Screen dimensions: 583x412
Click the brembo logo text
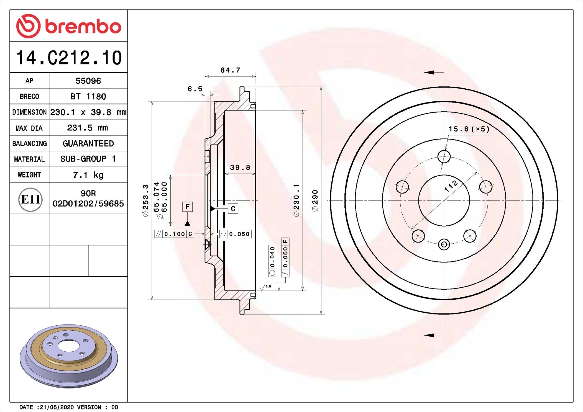coord(83,27)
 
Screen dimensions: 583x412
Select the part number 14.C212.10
coord(69,58)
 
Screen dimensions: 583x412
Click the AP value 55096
coord(88,81)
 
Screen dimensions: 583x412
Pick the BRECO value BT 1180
coord(88,96)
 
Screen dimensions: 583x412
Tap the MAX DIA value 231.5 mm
coord(88,128)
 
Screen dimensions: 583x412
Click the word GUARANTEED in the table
coord(88,143)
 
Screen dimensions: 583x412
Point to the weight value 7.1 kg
coord(88,175)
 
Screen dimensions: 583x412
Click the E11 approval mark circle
coord(30,199)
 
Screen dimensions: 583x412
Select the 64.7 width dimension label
coord(230,70)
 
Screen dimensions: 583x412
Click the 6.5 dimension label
coord(195,89)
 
